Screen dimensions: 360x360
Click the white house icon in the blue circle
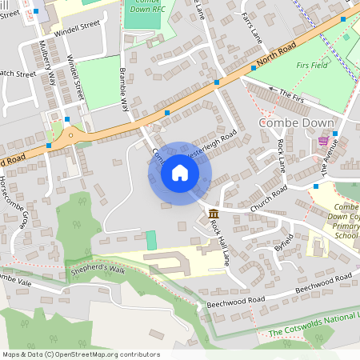(x=180, y=173)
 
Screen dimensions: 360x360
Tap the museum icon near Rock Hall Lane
(x=214, y=214)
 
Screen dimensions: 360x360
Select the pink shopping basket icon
(x=323, y=141)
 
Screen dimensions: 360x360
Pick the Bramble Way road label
(x=124, y=87)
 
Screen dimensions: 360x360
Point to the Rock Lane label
(x=281, y=154)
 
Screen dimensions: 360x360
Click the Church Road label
(x=268, y=197)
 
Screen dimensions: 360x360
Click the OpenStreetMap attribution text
(x=80, y=354)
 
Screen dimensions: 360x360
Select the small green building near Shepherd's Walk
(x=151, y=239)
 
